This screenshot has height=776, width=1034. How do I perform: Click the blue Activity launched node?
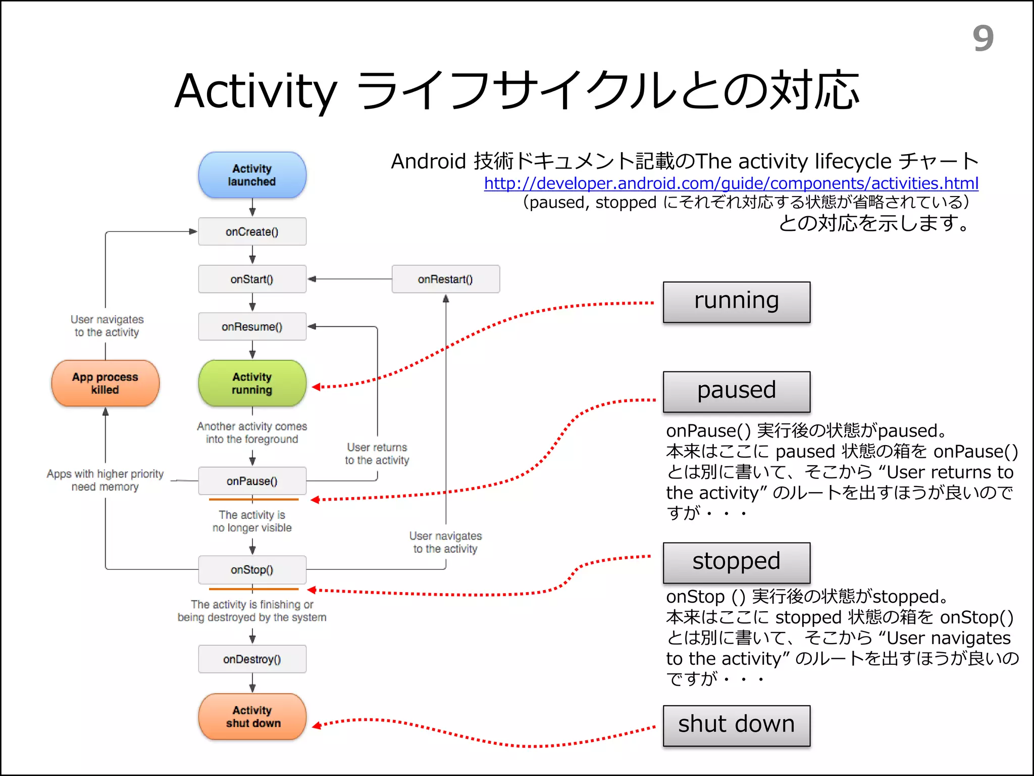(x=252, y=175)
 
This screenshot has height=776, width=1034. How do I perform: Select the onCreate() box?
(x=252, y=231)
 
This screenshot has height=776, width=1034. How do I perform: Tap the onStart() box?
(x=252, y=279)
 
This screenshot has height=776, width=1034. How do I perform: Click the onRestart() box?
(x=445, y=279)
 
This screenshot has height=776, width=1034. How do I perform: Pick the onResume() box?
(x=252, y=326)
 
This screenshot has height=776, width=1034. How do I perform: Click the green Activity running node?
(x=252, y=383)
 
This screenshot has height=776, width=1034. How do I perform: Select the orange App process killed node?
(x=105, y=383)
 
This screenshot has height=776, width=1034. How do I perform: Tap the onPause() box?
(x=252, y=480)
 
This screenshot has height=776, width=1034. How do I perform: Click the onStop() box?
(x=252, y=569)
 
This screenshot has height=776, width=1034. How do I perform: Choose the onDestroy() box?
(x=252, y=659)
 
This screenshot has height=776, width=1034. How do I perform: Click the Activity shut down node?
(x=252, y=716)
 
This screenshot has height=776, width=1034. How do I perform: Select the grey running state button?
(x=736, y=302)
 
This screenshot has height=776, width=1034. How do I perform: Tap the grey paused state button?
(x=736, y=392)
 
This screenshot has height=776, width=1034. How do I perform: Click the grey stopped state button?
(x=736, y=562)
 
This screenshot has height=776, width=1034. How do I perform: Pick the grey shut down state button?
(x=736, y=725)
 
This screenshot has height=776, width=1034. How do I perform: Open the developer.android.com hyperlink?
(x=731, y=183)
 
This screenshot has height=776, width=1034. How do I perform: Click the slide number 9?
(x=983, y=38)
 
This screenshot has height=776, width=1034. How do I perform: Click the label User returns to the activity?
(x=377, y=454)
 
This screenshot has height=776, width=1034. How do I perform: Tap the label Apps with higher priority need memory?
(x=105, y=480)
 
